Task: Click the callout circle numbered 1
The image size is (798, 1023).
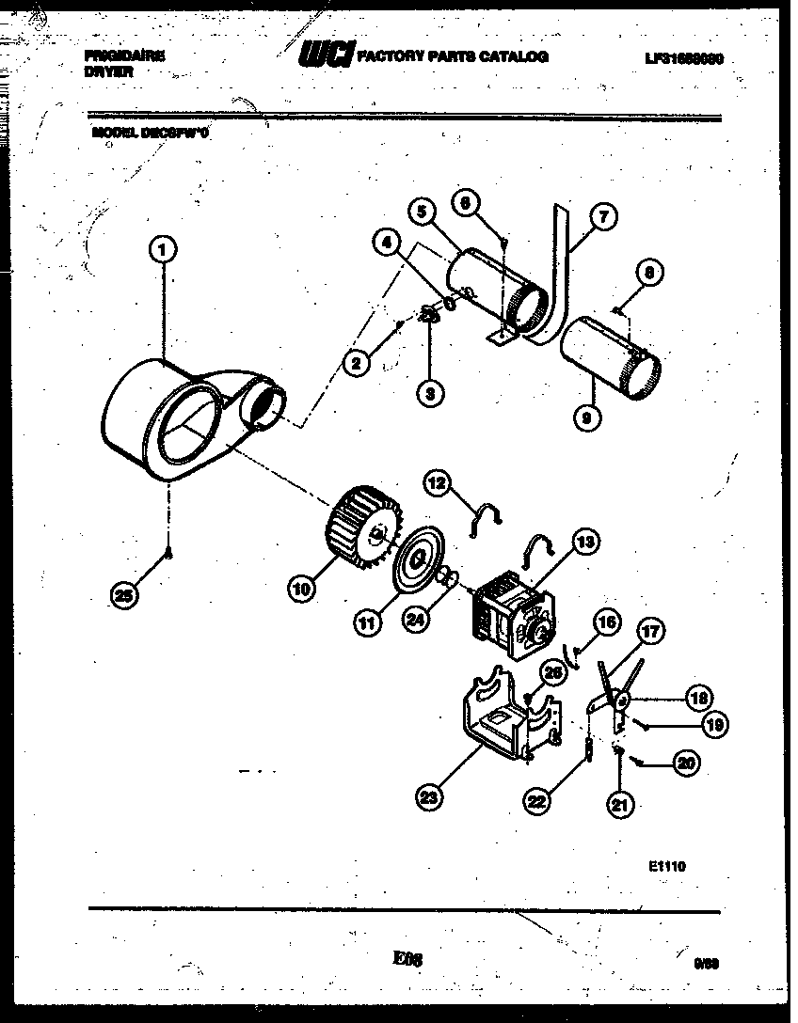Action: tap(163, 250)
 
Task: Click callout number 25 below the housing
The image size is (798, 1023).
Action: tap(120, 593)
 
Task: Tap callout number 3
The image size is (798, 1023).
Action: tap(429, 395)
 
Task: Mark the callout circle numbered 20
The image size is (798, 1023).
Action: tap(687, 763)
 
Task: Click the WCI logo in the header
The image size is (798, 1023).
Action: tap(327, 57)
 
